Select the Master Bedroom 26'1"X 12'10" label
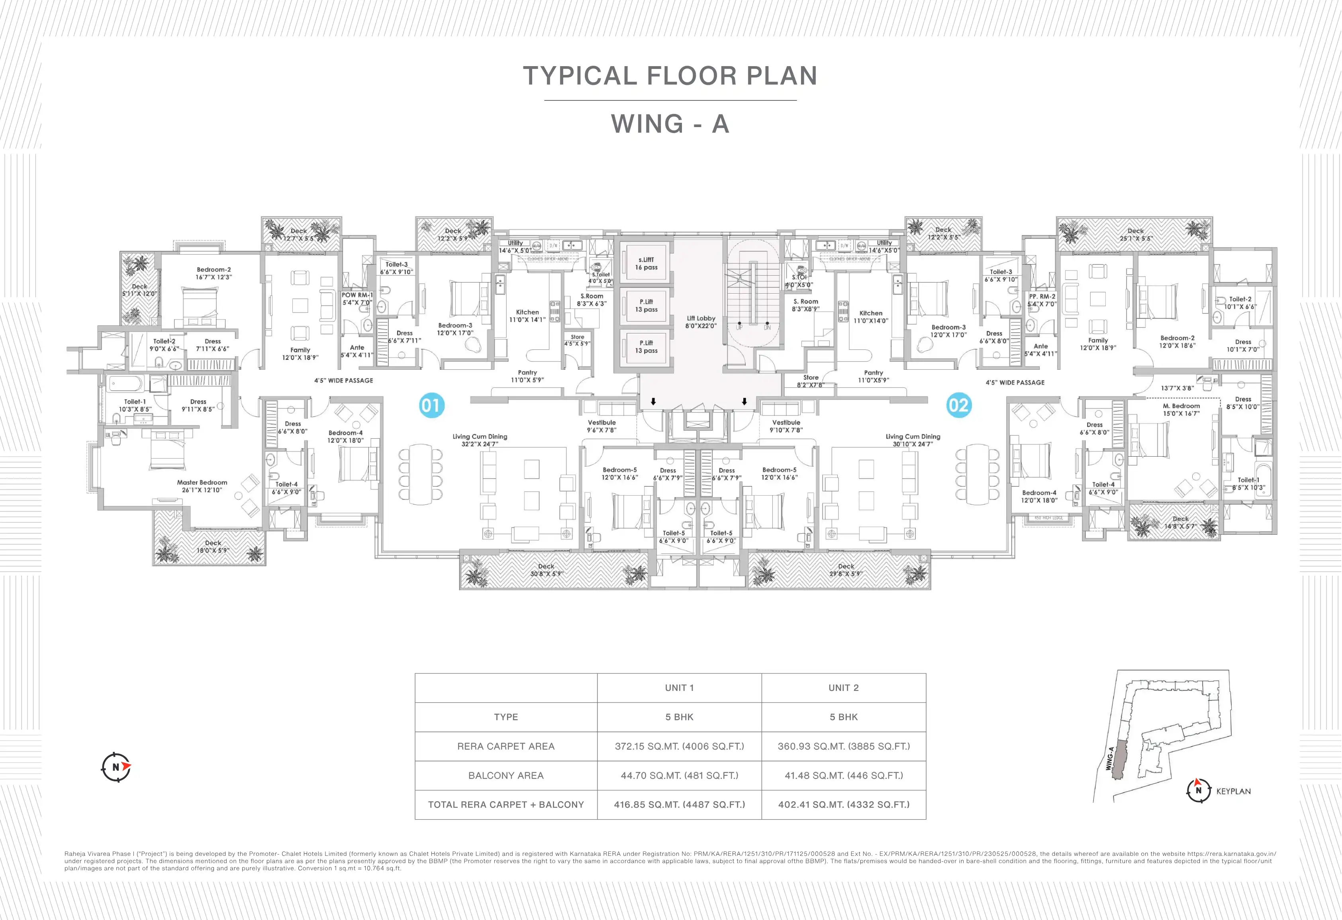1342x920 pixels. point(202,486)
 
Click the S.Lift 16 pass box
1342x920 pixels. point(646,263)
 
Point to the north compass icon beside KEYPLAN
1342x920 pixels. point(1198,790)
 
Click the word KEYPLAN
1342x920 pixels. point(1233,791)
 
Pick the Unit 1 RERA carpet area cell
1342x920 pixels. point(679,746)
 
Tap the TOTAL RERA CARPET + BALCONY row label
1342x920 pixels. point(506,804)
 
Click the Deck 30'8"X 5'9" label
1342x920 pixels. point(546,570)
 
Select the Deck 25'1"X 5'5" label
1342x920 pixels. point(1135,234)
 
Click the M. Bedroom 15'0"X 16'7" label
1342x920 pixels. point(1181,410)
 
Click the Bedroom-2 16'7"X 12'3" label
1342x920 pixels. point(214,273)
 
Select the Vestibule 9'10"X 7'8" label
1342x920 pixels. point(786,426)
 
